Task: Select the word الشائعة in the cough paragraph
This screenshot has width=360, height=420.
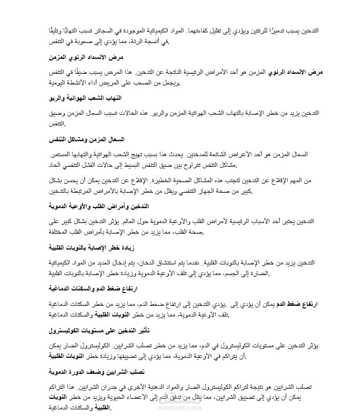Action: pyautogui.click(x=211, y=154)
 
